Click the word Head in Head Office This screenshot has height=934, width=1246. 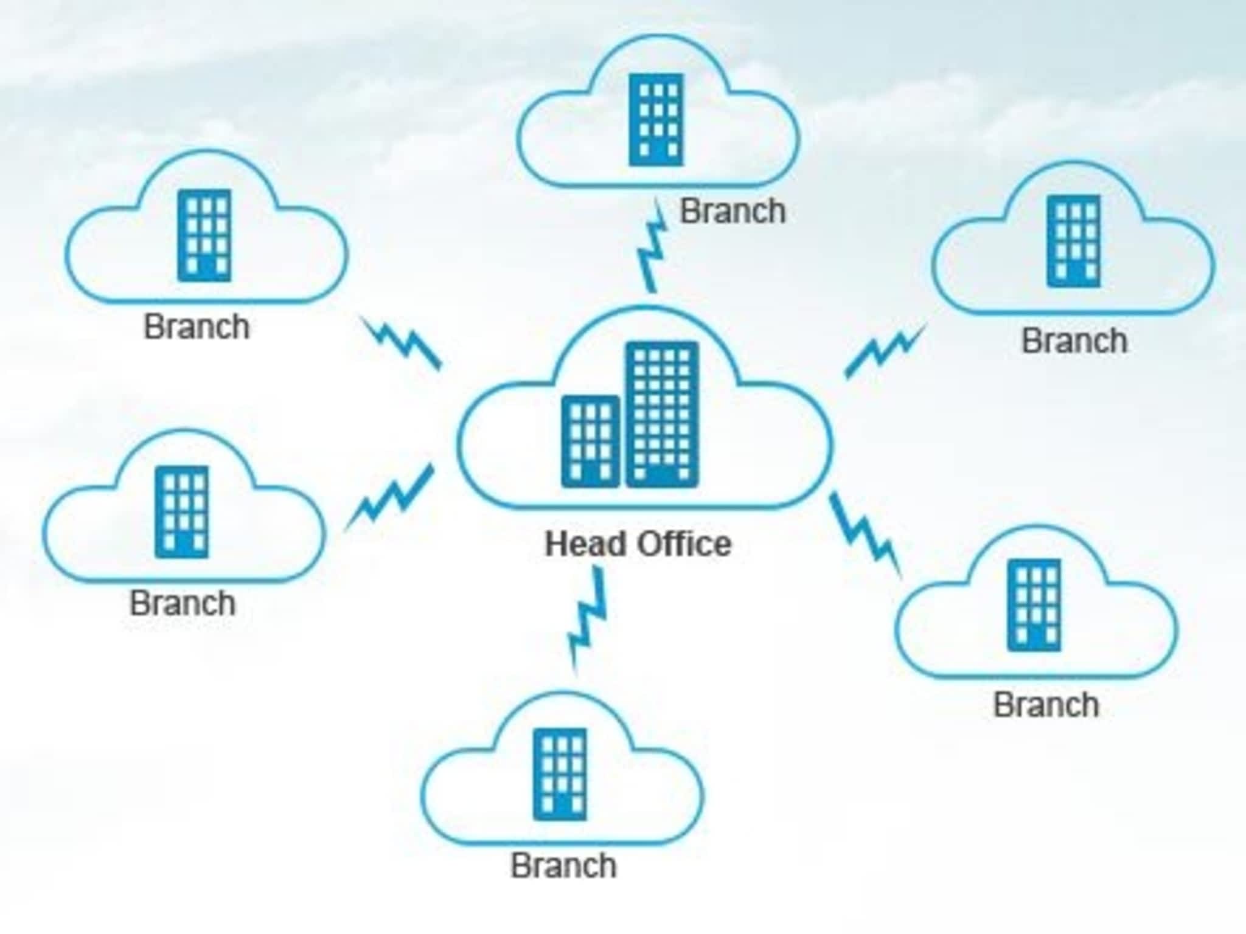586,544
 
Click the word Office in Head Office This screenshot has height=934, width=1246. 684,544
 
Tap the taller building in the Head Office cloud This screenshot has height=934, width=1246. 662,415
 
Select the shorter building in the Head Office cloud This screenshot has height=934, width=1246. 590,441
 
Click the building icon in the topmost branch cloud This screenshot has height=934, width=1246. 656,120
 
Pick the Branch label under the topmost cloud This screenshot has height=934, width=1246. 733,212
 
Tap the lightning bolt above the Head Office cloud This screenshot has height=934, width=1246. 653,246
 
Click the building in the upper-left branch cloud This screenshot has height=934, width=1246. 204,235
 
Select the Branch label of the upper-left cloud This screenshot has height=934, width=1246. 197,327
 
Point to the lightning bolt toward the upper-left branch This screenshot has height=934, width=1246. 403,342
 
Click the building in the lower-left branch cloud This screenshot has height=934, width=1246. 181,512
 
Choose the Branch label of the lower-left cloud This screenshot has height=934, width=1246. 183,603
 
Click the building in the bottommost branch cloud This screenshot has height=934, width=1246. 560,774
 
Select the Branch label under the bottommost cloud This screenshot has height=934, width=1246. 563,865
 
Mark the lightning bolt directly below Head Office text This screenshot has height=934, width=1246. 588,618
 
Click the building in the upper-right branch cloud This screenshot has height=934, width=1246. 1073,241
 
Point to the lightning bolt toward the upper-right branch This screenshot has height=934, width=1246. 885,351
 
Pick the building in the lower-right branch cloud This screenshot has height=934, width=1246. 1034,605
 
